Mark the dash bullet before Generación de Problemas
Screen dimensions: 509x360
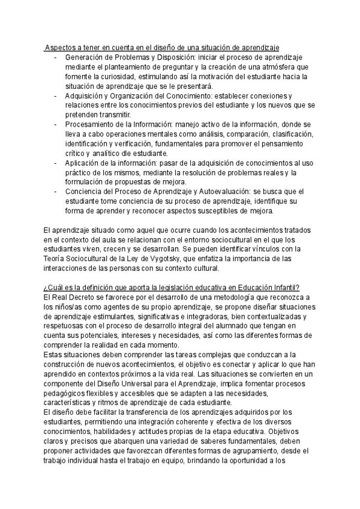coord(55,58)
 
